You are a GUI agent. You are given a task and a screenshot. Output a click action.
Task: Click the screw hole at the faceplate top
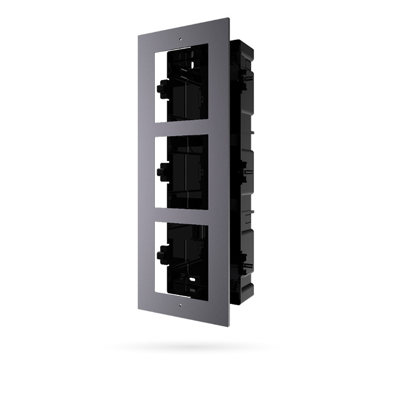coord(181,40)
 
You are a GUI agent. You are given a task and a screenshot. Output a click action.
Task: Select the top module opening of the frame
coord(181,86)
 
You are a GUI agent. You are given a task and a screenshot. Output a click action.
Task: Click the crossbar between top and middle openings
coord(181,129)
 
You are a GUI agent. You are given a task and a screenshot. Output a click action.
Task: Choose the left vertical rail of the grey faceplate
coord(146,171)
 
